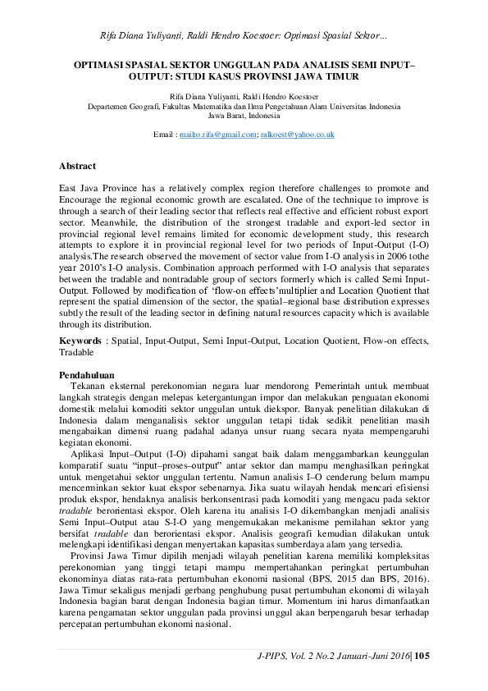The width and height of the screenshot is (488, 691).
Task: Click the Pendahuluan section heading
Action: click(x=86, y=373)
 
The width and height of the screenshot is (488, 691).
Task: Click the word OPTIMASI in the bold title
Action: click(x=96, y=62)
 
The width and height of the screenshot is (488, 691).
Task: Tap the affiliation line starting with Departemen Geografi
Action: click(x=244, y=107)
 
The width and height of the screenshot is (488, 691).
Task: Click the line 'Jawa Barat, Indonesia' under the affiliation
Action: click(x=244, y=117)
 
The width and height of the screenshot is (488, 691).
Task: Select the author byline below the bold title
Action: click(x=244, y=97)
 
